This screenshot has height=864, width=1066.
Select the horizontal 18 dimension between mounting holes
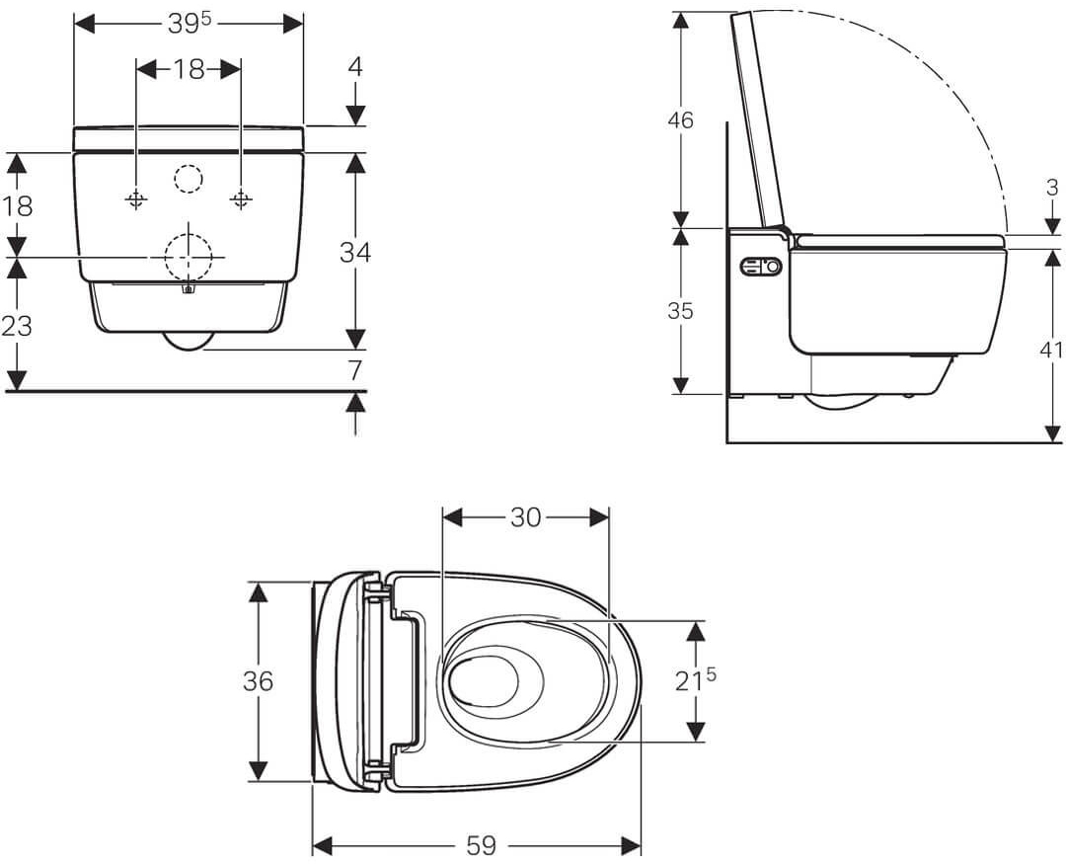(189, 69)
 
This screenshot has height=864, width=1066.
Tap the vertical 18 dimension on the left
(17, 205)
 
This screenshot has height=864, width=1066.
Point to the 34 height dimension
(355, 252)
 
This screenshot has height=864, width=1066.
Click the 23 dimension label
(17, 325)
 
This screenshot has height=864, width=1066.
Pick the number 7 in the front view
(355, 370)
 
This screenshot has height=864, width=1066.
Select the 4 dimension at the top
(355, 66)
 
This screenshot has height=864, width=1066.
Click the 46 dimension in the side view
(681, 120)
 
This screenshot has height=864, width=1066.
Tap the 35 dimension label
(681, 311)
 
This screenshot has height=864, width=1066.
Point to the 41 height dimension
(1052, 350)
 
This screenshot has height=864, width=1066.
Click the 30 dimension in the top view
(525, 516)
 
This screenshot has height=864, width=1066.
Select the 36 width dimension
(258, 681)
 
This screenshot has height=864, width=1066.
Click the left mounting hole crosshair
(136, 200)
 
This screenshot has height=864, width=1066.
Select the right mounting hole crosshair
(241, 200)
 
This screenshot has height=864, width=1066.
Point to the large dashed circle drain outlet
(188, 257)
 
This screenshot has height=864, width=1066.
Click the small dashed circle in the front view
(188, 179)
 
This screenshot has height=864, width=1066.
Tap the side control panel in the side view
(760, 267)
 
